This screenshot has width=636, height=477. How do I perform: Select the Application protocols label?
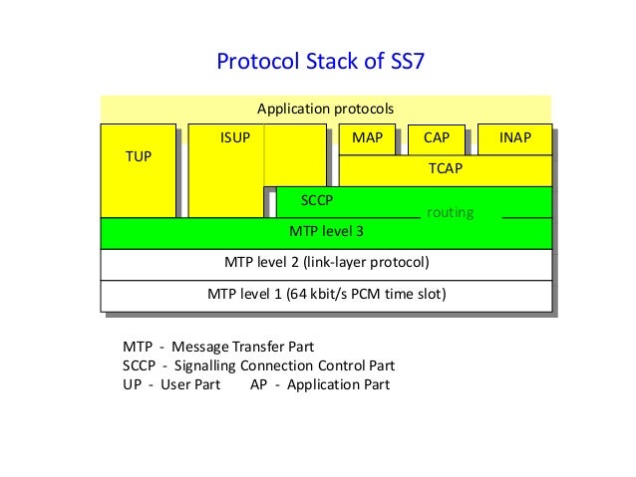click(x=326, y=108)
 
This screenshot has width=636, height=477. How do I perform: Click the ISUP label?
click(x=235, y=138)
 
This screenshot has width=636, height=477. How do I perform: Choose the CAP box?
click(x=436, y=138)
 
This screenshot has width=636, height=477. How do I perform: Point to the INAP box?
click(x=514, y=138)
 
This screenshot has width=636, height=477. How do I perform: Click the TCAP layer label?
click(x=445, y=169)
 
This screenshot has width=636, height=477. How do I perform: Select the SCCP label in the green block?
click(x=317, y=200)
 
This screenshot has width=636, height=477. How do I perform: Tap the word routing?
click(x=450, y=213)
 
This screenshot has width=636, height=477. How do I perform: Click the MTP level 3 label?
click(x=326, y=232)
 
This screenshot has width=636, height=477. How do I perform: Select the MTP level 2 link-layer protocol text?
click(x=326, y=263)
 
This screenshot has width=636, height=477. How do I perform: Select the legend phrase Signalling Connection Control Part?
click(x=283, y=365)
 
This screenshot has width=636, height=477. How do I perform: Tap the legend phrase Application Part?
click(x=338, y=384)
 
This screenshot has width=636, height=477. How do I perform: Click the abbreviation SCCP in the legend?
click(x=141, y=365)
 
